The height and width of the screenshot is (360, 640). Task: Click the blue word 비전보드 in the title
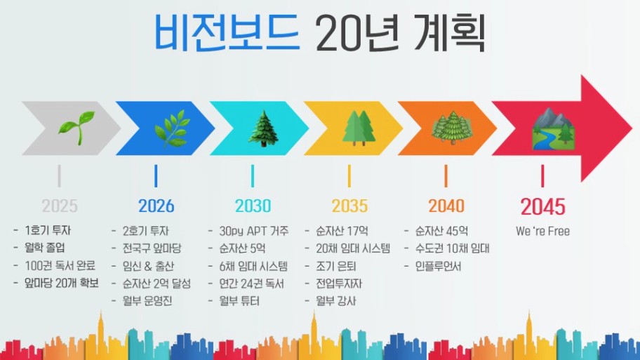(227, 33)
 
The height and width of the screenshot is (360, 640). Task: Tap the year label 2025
(60, 206)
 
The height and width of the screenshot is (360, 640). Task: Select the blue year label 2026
(156, 206)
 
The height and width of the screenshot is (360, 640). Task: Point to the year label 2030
(253, 206)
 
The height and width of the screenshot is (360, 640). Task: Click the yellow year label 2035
(349, 206)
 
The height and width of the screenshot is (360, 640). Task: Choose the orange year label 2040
(446, 206)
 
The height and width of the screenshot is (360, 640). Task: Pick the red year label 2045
(543, 206)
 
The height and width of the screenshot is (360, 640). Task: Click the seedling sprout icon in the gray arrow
(76, 128)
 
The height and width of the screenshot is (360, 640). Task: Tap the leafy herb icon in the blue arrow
(172, 128)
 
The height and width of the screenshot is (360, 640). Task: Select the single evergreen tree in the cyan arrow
(264, 128)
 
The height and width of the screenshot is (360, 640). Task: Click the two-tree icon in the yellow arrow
(359, 128)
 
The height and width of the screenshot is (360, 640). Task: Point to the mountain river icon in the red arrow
(554, 128)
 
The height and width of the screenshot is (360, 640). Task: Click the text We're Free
(543, 231)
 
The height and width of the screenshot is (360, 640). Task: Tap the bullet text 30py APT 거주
(254, 231)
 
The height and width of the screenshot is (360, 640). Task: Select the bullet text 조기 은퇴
(336, 266)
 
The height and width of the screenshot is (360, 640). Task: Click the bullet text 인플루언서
(439, 266)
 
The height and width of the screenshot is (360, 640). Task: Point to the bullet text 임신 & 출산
(149, 266)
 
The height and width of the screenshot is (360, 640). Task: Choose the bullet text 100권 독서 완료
(60, 265)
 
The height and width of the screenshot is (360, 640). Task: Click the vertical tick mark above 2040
(446, 176)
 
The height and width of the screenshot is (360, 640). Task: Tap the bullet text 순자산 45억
(441, 231)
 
